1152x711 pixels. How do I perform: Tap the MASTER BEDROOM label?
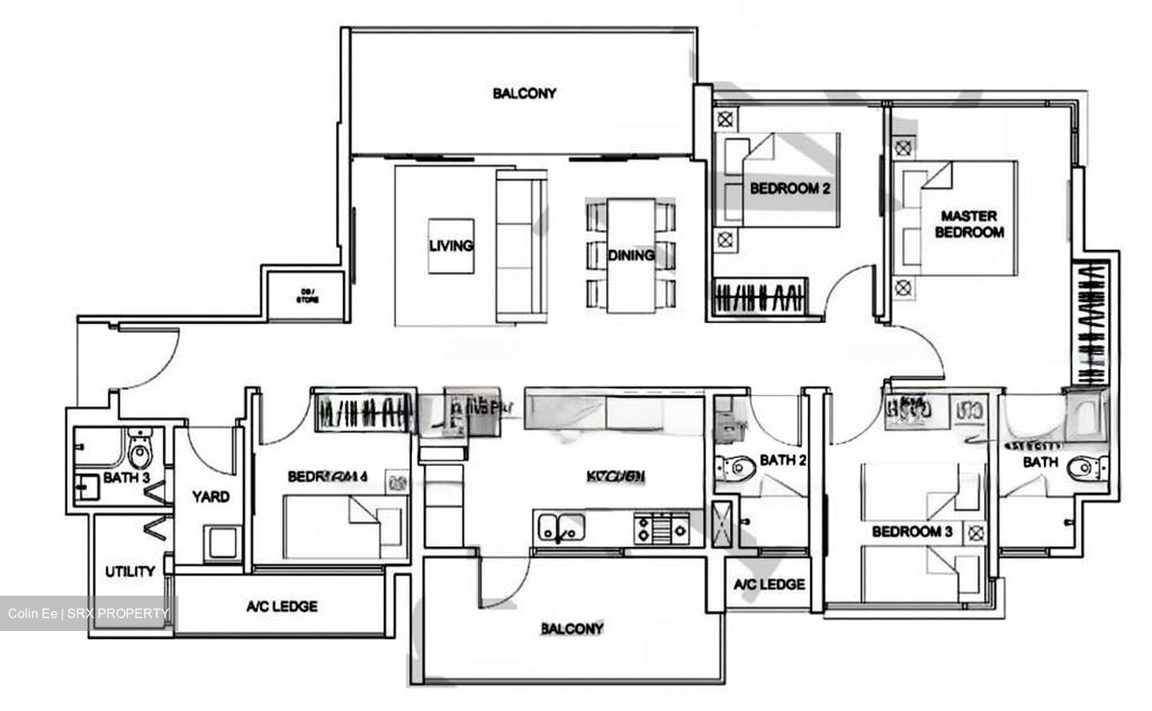tap(969, 224)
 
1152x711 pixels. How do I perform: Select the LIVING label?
tap(450, 245)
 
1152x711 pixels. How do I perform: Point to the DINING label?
tap(630, 255)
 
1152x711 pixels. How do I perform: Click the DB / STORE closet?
tap(308, 295)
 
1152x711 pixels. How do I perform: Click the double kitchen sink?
tap(561, 528)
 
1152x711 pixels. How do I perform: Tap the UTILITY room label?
tap(130, 572)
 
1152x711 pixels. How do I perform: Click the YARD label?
tap(210, 496)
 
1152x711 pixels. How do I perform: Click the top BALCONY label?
tap(524, 94)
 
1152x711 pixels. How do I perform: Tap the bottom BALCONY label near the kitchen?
tap(572, 629)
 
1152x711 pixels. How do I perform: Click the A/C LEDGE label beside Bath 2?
tap(769, 584)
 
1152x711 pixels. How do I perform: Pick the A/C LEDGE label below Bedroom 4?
tap(282, 606)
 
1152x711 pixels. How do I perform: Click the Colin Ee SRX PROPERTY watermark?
tap(88, 614)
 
